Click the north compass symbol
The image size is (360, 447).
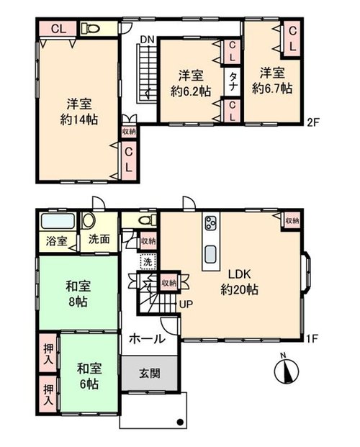click(x=286, y=370)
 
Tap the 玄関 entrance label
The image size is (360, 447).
click(x=150, y=373)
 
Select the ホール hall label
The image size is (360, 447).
click(x=147, y=339)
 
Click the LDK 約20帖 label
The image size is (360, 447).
click(x=239, y=281)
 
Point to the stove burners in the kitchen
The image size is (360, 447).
click(x=212, y=222)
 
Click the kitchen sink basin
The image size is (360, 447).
click(x=212, y=254)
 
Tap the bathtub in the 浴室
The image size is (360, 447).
click(x=58, y=221)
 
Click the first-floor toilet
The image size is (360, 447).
click(x=147, y=220)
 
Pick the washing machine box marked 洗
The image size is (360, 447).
click(x=148, y=261)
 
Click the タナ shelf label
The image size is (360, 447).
click(x=233, y=81)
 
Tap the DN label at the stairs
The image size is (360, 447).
click(x=147, y=40)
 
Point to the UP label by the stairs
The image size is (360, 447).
click(x=186, y=304)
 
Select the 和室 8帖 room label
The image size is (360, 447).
click(x=78, y=294)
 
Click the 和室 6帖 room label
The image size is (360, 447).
click(x=89, y=376)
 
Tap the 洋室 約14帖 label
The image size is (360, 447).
click(x=79, y=112)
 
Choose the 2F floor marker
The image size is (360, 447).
click(x=312, y=122)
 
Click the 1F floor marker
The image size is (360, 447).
click(x=312, y=338)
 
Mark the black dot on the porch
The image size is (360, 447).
click(x=180, y=422)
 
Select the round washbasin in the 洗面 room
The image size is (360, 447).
click(x=89, y=220)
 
